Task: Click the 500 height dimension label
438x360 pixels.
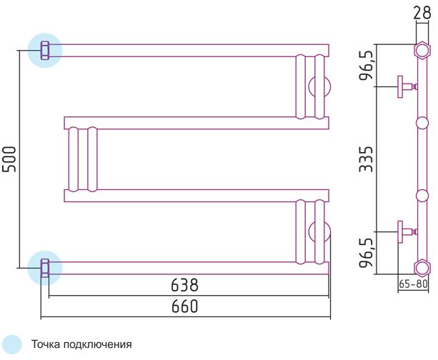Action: pyautogui.click(x=9, y=159)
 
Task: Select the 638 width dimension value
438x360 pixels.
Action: pyautogui.click(x=184, y=285)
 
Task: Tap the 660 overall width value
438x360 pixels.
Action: pyautogui.click(x=184, y=306)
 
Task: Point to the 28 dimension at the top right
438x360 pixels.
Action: pyautogui.click(x=422, y=13)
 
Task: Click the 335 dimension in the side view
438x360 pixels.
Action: pyautogui.click(x=366, y=159)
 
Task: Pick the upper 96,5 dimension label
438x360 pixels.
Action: pyautogui.click(x=367, y=66)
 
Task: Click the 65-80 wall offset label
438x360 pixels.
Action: pyautogui.click(x=413, y=284)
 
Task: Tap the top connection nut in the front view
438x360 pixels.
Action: pyautogui.click(x=45, y=50)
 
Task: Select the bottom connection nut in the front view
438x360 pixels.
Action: pyautogui.click(x=45, y=268)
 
